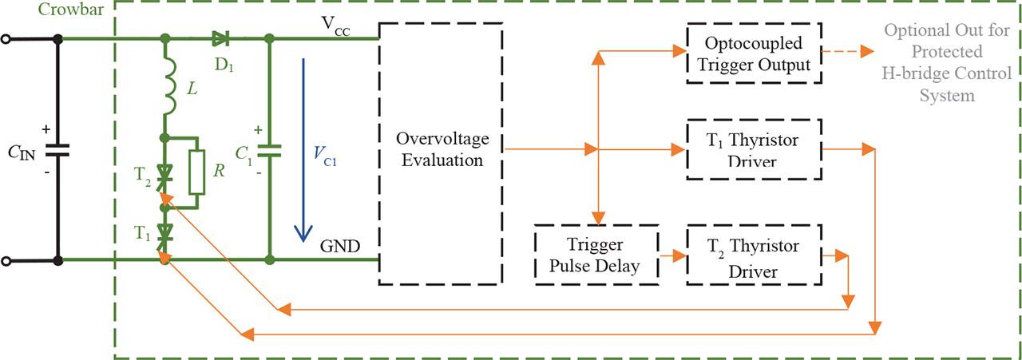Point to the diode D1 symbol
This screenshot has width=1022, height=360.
coord(220,38)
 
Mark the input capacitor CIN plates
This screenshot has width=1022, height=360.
coord(57,149)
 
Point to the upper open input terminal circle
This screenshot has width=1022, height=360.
coord(7,38)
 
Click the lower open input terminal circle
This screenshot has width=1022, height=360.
coord(7,260)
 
